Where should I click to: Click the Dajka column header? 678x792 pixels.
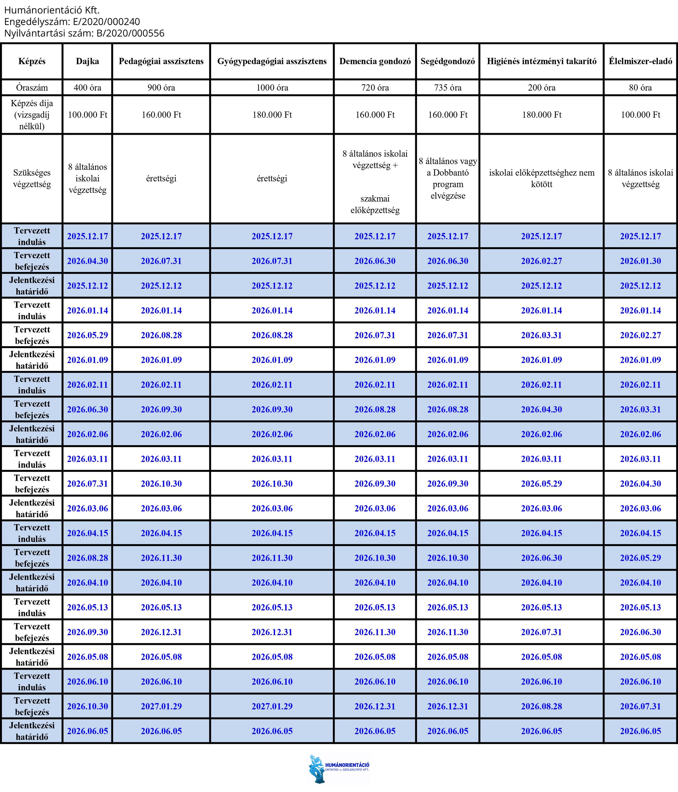pyautogui.click(x=87, y=61)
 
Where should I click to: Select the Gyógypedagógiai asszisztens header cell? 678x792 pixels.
pyautogui.click(x=272, y=61)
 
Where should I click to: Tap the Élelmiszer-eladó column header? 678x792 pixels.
pyautogui.click(x=640, y=61)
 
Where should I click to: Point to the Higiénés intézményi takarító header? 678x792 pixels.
pyautogui.click(x=541, y=61)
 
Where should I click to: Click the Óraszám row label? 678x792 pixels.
pyautogui.click(x=32, y=88)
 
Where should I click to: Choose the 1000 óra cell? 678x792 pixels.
pyautogui.click(x=272, y=88)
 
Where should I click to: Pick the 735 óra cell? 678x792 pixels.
pyautogui.click(x=447, y=88)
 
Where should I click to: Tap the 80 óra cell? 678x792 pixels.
pyautogui.click(x=640, y=88)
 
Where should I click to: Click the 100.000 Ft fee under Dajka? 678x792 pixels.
pyautogui.click(x=87, y=115)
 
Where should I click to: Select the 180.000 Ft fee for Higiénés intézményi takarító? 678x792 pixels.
pyautogui.click(x=541, y=115)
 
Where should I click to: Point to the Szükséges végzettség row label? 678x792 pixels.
pyautogui.click(x=32, y=179)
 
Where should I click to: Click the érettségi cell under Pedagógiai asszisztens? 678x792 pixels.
pyautogui.click(x=161, y=179)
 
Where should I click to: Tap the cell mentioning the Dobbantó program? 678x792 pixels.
pyautogui.click(x=447, y=179)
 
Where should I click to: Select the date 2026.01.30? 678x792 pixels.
pyautogui.click(x=640, y=261)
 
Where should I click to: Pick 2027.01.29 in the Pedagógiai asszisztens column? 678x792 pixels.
pyautogui.click(x=161, y=706)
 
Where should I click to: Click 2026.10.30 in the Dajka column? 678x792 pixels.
pyautogui.click(x=87, y=706)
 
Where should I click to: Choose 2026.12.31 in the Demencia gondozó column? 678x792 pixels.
pyautogui.click(x=375, y=706)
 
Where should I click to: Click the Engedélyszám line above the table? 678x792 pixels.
pyautogui.click(x=72, y=21)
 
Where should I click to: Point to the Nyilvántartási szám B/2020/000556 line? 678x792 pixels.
pyautogui.click(x=84, y=33)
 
